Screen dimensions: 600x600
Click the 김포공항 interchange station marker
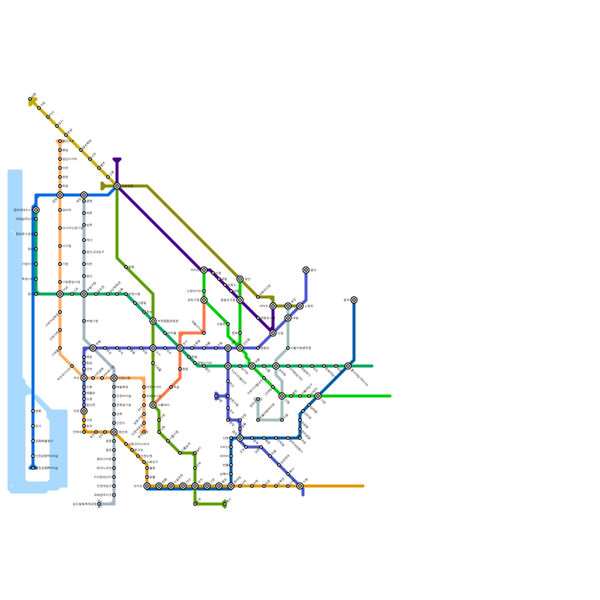coord(117,186)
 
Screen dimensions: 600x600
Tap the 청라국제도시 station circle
coord(36,210)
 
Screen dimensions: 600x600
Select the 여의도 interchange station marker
coord(273,306)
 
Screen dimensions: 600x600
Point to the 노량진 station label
coord(309,306)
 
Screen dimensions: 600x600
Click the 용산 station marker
coord(306,270)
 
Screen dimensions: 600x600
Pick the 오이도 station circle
coord(147,486)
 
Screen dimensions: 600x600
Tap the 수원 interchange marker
coord(300,486)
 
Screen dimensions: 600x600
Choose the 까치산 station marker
coord(204,270)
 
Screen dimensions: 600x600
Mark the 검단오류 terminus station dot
coord(60,141)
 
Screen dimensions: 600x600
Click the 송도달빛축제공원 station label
coord(84,504)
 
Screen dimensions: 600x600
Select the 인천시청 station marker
coord(114,378)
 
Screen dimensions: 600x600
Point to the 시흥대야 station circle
coord(153,405)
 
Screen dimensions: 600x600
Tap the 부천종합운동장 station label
coord(168,321)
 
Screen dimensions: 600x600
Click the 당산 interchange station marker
coord(240,279)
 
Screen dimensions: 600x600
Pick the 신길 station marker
coord(273,333)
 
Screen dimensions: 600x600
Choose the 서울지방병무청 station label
coord(300,348)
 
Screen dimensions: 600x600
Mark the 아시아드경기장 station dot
coord(60,228)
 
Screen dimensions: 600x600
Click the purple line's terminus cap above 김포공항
coord(117,160)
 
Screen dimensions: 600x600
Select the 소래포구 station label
coord(152,462)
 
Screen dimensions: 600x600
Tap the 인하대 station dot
coord(84,432)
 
